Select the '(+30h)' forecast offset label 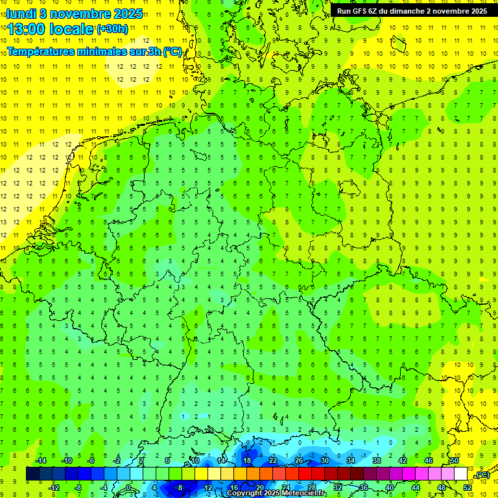tap(112, 29)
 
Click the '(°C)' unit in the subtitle tap(172, 51)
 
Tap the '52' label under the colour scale tap(468, 488)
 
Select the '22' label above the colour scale tap(273, 460)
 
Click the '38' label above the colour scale tap(377, 460)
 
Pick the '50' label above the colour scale tap(455, 460)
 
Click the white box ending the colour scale tap(460, 474)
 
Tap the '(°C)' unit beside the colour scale tap(482, 475)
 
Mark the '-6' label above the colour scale tap(91, 460)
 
